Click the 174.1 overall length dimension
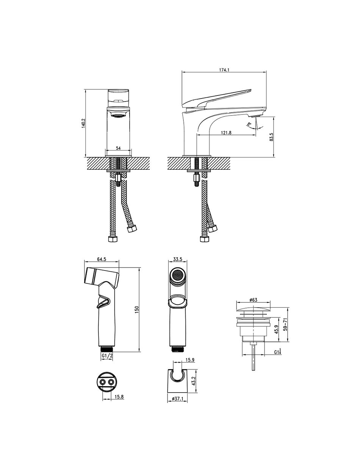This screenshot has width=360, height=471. coord(224,70)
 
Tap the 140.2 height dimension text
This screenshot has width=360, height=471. coord(83,123)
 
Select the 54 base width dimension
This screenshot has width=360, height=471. coord(118,148)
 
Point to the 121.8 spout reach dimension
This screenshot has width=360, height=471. coord(226,133)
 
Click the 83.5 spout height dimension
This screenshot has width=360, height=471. coord(271,137)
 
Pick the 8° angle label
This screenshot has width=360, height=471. coord(249,124)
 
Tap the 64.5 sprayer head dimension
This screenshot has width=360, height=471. coord(102,259)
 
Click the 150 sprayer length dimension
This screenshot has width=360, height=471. coord(137,310)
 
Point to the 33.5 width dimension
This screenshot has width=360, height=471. coord(178,259)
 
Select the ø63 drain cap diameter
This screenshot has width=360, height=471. coord(254,300)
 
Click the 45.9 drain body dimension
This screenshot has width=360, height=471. coord(276,329)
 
